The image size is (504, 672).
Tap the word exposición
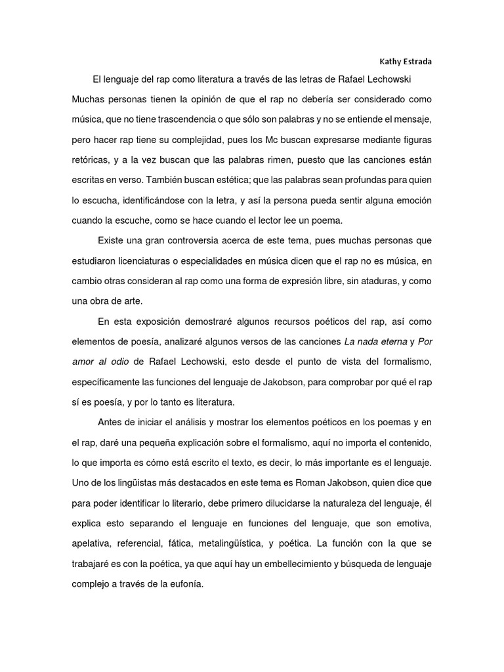[x=161, y=322]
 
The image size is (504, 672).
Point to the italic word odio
[x=117, y=362]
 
